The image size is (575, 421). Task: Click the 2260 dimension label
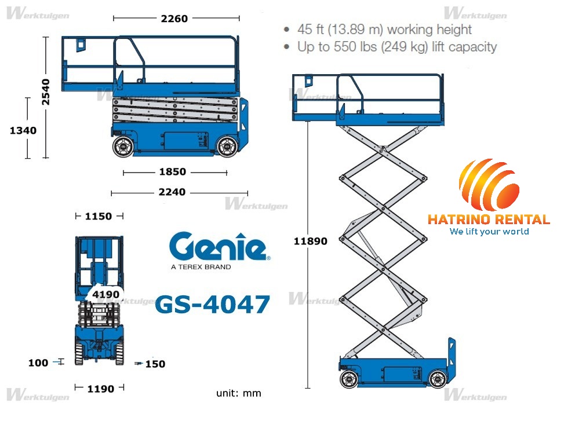coord(174,19)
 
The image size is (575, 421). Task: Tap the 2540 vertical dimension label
coord(45,92)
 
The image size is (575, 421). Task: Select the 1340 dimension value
coord(23,130)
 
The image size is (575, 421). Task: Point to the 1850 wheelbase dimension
coord(172,171)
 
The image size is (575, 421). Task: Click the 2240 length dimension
coord(172,192)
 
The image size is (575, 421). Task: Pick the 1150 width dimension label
coord(99,216)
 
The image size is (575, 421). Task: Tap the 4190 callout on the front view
coord(105,294)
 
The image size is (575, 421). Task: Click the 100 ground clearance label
coord(38,363)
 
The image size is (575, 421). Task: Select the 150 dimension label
coord(155,364)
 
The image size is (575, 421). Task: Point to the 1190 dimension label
coord(100,389)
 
